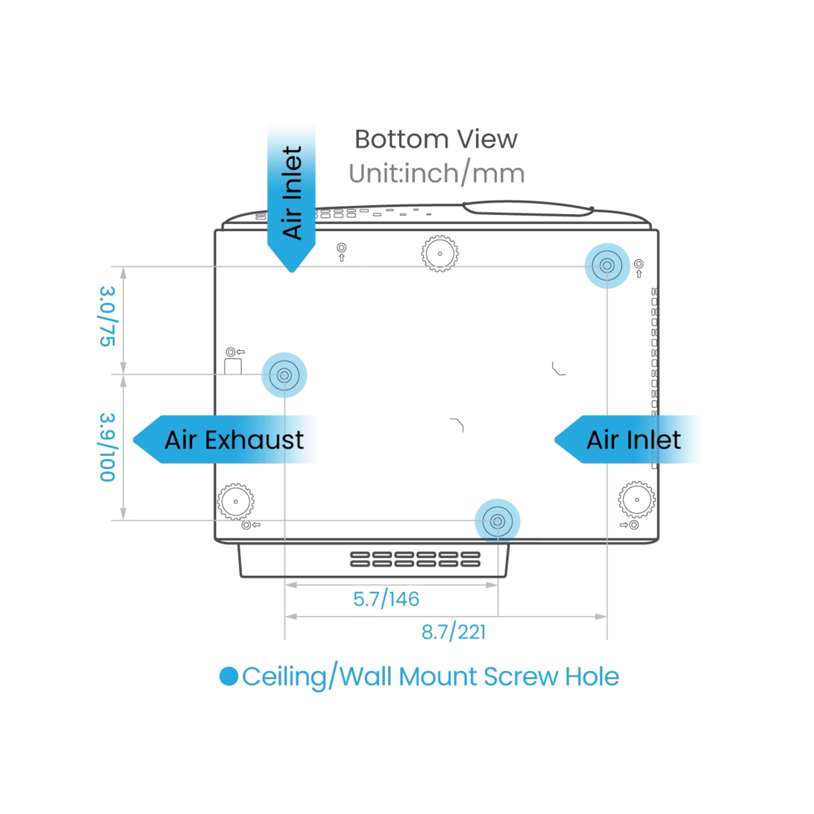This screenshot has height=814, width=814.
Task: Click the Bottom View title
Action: pos(436,139)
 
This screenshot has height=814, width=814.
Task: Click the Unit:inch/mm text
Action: pos(437,174)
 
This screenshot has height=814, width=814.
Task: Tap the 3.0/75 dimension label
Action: pos(107,316)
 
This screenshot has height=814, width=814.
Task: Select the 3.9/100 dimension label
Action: pos(107,447)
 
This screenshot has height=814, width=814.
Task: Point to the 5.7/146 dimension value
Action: pos(386,599)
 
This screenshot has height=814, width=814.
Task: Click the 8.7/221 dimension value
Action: pos(454,632)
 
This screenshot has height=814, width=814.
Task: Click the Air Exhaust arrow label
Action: pos(228,440)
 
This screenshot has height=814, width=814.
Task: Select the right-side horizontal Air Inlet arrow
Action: pos(628,440)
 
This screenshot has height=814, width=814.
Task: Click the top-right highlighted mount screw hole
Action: pos(607,266)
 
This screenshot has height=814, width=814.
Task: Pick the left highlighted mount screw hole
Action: pos(284,375)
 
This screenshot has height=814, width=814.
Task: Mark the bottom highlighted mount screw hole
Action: pos(498,522)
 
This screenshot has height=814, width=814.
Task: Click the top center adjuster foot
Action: pos(440,253)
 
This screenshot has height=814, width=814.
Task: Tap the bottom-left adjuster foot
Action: pos(236,501)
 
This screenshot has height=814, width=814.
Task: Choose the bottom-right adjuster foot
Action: pos(637,499)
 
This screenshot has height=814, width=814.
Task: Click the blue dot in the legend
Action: pos(228,676)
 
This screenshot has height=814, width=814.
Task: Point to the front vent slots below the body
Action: pos(415,559)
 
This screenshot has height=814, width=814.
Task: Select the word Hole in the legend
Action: pos(592,677)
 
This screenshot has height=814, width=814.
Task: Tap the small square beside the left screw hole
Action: pos(233,366)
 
